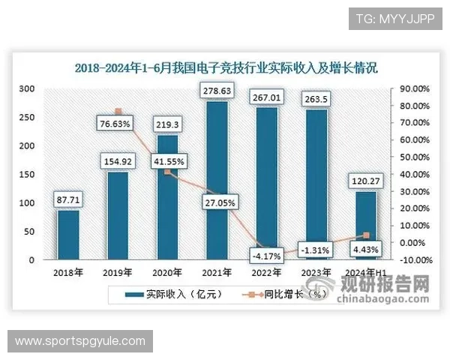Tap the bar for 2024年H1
[x=366, y=226]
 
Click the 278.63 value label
[x=217, y=91]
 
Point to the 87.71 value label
[x=68, y=199]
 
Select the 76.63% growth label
[x=118, y=123]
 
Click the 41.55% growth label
[x=168, y=160]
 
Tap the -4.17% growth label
[x=266, y=256]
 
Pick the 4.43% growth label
[x=366, y=249]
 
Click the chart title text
[x=226, y=67]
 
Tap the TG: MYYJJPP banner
[x=395, y=18]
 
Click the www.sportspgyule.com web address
[x=80, y=341]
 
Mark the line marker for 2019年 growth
[x=118, y=112]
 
